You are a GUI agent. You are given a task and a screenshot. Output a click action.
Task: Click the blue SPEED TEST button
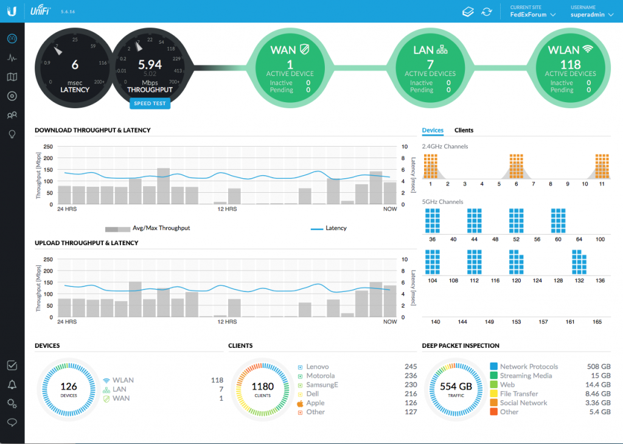click(150, 103)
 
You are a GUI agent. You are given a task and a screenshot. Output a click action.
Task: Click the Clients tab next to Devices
click(464, 130)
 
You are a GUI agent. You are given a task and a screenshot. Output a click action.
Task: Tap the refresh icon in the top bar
click(486, 12)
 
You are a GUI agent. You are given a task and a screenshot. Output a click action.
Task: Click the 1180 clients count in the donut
click(263, 387)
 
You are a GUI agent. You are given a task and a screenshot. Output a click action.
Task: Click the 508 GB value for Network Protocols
click(597, 367)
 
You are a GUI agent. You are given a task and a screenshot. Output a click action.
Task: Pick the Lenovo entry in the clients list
click(318, 367)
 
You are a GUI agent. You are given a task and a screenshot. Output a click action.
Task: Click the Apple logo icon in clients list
click(300, 403)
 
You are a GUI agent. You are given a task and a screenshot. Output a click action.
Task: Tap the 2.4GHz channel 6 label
click(516, 183)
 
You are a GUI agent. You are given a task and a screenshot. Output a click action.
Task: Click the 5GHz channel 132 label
click(579, 280)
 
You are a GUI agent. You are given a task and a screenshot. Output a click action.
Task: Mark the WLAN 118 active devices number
click(570, 64)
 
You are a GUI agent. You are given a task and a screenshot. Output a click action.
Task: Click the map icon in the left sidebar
click(12, 77)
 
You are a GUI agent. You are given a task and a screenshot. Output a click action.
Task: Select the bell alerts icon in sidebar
click(12, 384)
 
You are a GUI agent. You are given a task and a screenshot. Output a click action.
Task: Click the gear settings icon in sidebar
click(12, 403)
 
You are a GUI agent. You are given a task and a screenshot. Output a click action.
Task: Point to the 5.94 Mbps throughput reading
click(150, 64)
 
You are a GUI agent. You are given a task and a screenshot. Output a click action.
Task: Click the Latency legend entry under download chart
click(336, 228)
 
